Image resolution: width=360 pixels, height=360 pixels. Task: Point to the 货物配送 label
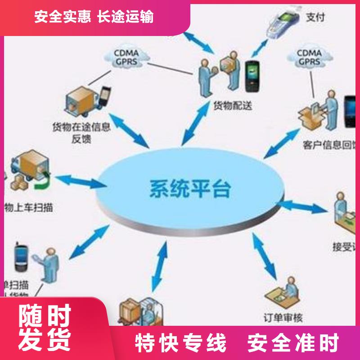[x=232, y=106]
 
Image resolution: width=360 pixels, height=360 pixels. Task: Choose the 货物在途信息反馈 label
[x=81, y=132]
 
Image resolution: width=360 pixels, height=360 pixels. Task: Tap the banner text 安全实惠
[x=63, y=17]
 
